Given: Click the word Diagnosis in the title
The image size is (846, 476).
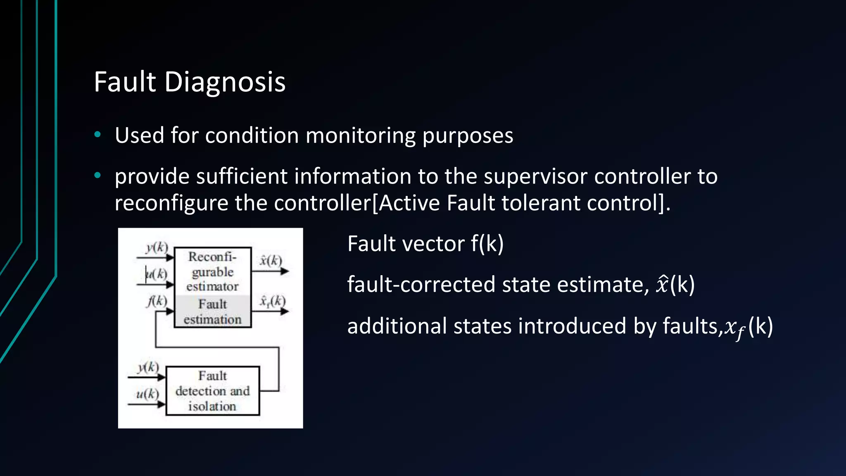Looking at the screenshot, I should coord(225,82).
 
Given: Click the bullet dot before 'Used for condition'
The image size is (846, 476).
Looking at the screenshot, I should coord(97,134).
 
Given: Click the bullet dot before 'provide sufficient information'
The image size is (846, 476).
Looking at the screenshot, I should coord(97,176).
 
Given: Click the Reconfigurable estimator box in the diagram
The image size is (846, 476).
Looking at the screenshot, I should coord(212,271).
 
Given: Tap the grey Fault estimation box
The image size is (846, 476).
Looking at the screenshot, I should coord(212,312).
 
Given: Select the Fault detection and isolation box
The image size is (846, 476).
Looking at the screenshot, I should coord(212,391).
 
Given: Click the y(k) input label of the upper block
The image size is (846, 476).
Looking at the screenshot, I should coord(157,248).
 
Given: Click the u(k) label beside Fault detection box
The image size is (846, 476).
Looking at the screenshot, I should coord(147,394).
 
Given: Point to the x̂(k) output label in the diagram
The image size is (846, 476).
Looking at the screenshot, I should coord(271,260).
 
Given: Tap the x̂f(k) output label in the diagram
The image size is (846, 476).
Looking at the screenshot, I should coord(272,301).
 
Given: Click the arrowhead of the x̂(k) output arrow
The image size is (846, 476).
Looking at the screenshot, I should coord(285,271).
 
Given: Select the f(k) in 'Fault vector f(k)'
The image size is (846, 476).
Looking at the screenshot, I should coord(487,244).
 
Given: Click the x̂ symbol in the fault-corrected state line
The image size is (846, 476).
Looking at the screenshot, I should coord(662,284).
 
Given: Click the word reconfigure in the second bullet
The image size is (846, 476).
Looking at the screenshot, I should coord(171,203).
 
